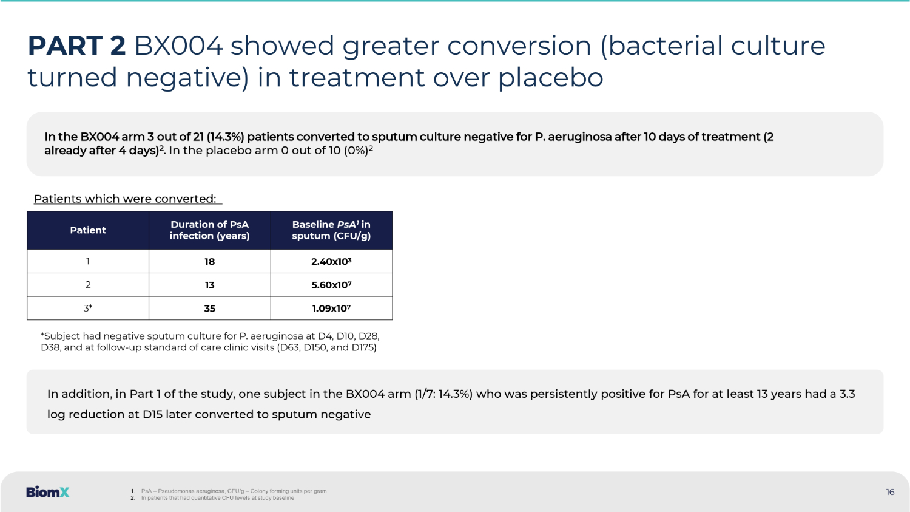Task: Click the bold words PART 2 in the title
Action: click(76, 46)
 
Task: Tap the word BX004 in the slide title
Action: click(178, 46)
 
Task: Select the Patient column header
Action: click(88, 230)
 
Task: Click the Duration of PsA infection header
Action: click(210, 230)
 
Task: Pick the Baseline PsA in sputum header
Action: click(331, 230)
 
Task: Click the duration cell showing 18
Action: click(210, 262)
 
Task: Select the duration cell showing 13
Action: click(210, 285)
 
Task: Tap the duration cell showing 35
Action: click(210, 309)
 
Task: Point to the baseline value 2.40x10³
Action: click(331, 262)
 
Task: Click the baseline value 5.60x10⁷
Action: click(331, 285)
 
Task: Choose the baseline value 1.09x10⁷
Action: click(331, 309)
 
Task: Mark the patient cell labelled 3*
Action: click(88, 309)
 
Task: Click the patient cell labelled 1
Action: click(88, 261)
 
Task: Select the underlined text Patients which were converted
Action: click(125, 199)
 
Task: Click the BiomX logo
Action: click(47, 492)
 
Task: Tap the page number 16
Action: click(890, 492)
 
